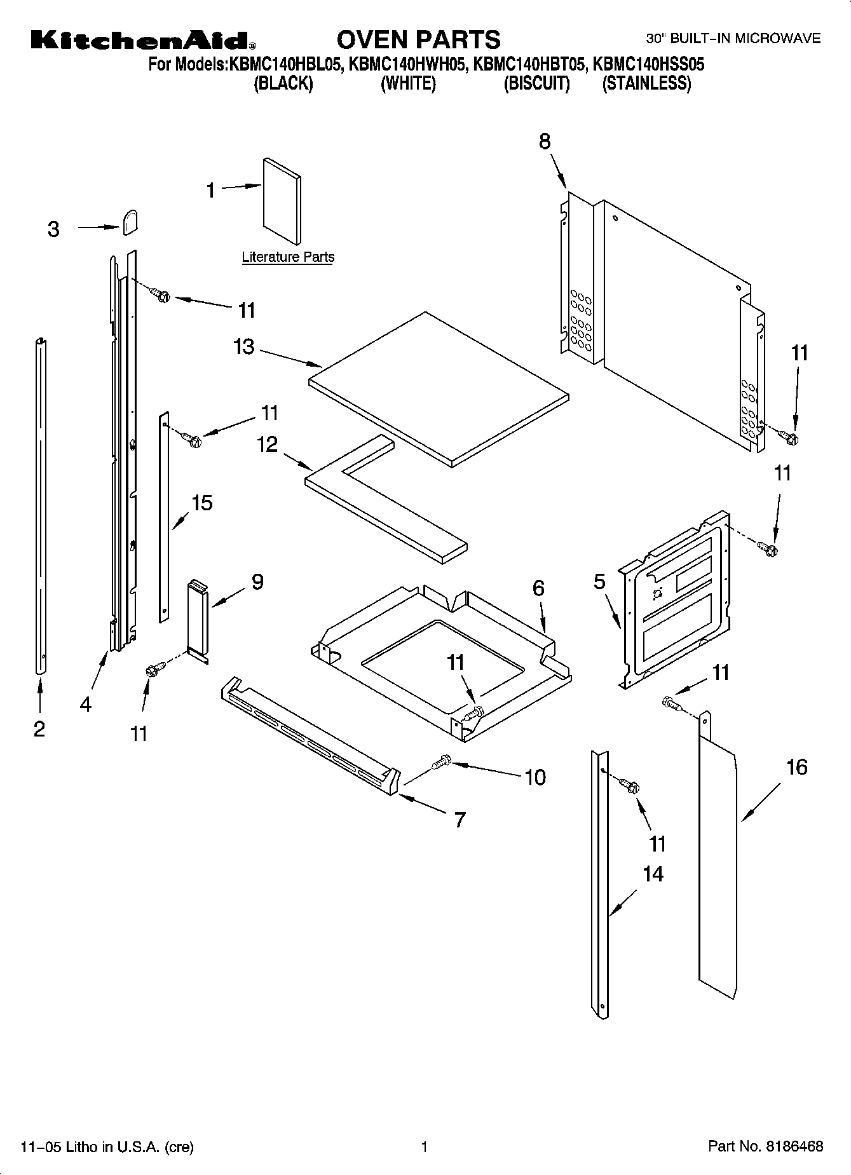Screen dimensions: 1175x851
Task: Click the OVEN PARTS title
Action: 418,39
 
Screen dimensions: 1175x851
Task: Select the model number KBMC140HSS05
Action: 648,64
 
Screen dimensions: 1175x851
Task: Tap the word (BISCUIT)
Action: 536,84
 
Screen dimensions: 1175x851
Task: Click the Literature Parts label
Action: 288,257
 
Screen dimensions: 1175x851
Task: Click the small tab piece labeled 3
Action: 130,222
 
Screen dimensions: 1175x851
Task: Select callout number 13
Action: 243,347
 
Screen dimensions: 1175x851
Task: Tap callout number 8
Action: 545,141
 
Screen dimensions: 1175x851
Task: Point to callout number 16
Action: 796,767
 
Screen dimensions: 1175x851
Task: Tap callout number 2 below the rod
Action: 39,729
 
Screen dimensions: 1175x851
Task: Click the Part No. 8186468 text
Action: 765,1146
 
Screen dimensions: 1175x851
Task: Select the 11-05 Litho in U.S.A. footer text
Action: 107,1147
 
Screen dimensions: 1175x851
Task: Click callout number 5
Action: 599,581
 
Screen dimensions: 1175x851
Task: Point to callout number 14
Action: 653,874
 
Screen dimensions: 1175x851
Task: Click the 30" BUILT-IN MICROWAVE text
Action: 733,39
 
